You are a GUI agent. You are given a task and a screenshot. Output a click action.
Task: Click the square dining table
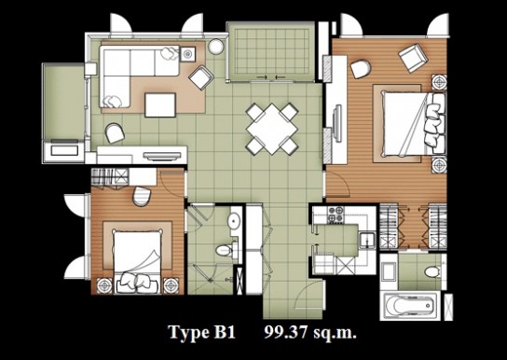(272, 129)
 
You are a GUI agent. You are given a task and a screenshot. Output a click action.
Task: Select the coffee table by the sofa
(160, 104)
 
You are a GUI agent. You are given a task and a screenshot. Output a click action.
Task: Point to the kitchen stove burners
(336, 215)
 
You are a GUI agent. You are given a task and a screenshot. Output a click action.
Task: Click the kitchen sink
(367, 241)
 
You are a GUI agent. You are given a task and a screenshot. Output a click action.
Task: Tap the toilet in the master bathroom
(433, 271)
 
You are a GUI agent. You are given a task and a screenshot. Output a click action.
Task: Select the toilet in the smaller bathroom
(225, 250)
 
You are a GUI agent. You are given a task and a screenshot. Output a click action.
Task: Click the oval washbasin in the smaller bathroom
(234, 221)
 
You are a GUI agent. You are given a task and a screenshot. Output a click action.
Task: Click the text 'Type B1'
(201, 332)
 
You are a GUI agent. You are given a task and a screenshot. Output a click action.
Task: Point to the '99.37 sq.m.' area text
(310, 332)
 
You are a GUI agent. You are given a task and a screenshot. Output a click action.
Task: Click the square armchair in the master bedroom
(413, 58)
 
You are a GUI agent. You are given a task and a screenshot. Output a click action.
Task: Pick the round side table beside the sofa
(216, 47)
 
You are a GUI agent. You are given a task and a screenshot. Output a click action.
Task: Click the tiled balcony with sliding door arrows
(271, 51)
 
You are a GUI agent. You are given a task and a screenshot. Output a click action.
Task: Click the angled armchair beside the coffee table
(201, 77)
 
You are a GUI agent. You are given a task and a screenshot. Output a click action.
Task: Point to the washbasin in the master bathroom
(389, 271)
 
